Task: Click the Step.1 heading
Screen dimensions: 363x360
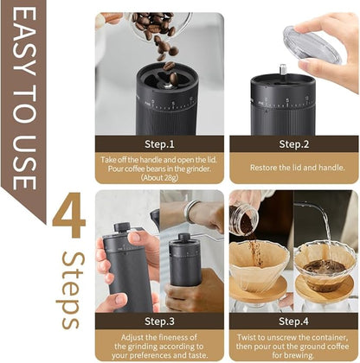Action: coord(159,143)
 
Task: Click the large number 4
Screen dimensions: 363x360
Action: coord(68,219)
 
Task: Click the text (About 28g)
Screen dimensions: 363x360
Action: coord(159,178)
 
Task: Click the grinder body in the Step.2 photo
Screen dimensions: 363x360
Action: coord(282,107)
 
